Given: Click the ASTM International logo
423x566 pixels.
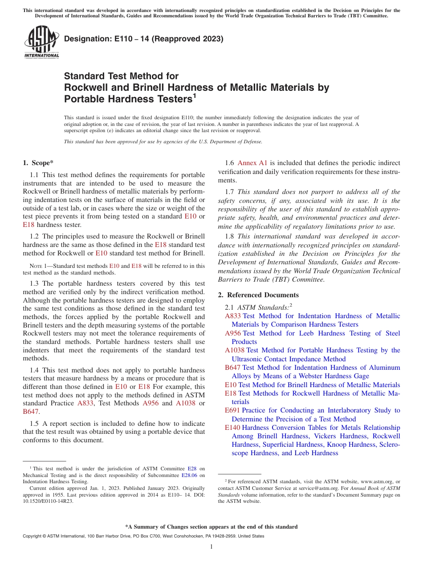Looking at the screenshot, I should coord(41,42).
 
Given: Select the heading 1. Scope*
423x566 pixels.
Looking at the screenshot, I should coord(38,163).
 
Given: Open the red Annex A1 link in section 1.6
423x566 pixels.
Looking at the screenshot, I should coord(252,163).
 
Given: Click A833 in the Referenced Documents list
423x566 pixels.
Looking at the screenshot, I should coord(233,316).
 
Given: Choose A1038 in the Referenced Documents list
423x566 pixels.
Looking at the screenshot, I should coord(235,350).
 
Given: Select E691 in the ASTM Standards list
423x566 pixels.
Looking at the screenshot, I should coord(232,410).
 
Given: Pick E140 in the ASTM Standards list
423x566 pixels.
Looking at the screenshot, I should coord(233,428).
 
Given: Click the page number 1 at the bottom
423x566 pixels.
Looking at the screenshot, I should coord(211,547).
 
